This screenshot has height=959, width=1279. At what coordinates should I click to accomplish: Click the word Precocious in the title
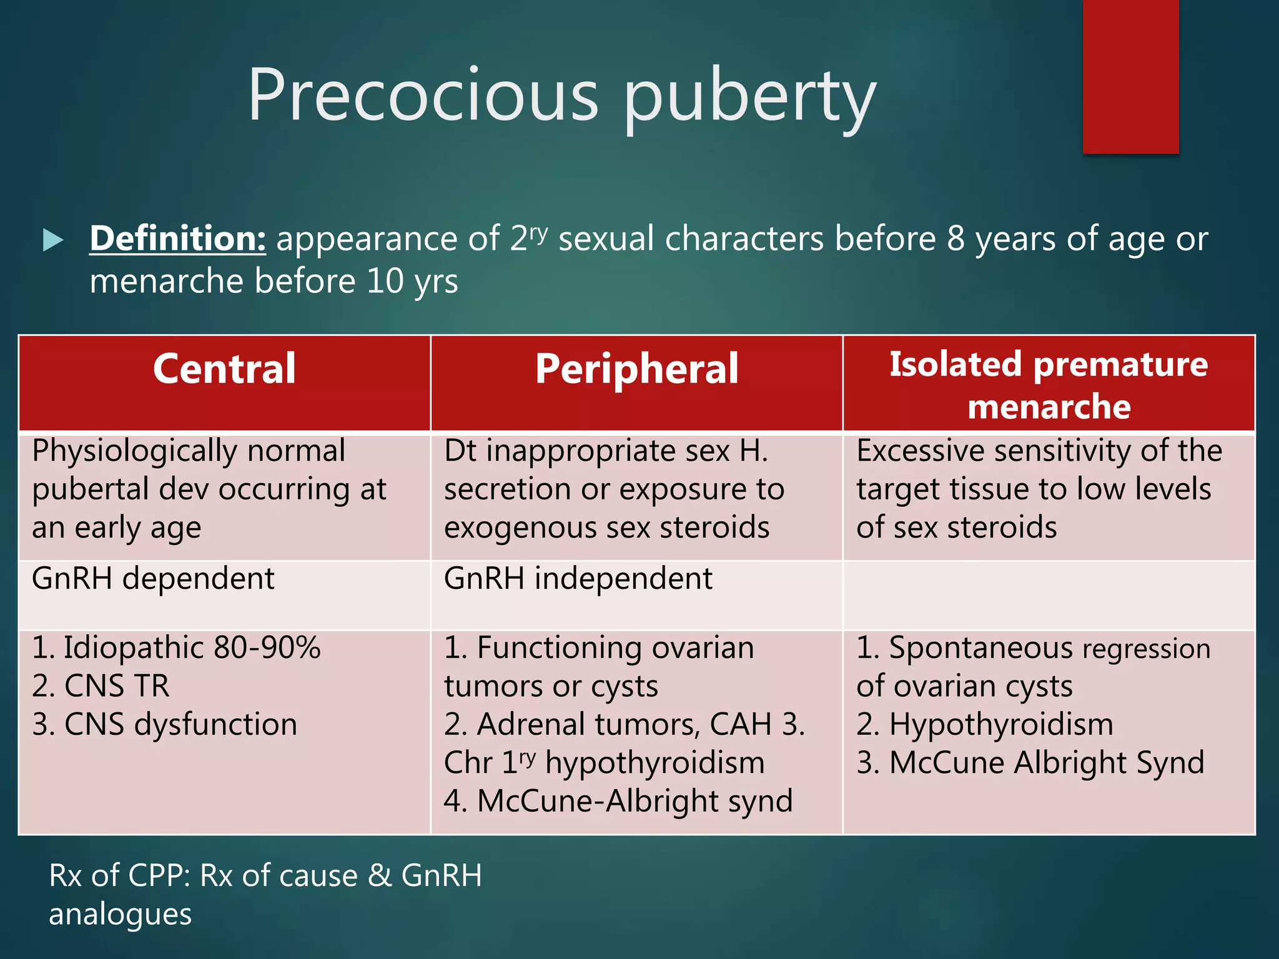tap(423, 95)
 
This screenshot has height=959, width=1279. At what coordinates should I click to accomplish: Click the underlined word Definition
tap(177, 239)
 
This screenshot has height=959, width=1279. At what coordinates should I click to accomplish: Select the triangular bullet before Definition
tap(53, 240)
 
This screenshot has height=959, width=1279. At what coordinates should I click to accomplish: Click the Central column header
tap(224, 368)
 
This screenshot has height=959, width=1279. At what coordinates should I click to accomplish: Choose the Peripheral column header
tap(636, 368)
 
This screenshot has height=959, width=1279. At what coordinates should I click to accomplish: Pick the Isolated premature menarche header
tap(1049, 385)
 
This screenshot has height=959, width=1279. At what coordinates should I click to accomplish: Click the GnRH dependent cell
tap(153, 578)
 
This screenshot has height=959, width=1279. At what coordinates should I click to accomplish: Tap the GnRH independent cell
tap(578, 578)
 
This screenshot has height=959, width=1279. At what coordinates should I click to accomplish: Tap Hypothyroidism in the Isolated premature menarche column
tap(1000, 724)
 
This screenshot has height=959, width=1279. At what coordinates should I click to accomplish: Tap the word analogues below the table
tap(120, 914)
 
